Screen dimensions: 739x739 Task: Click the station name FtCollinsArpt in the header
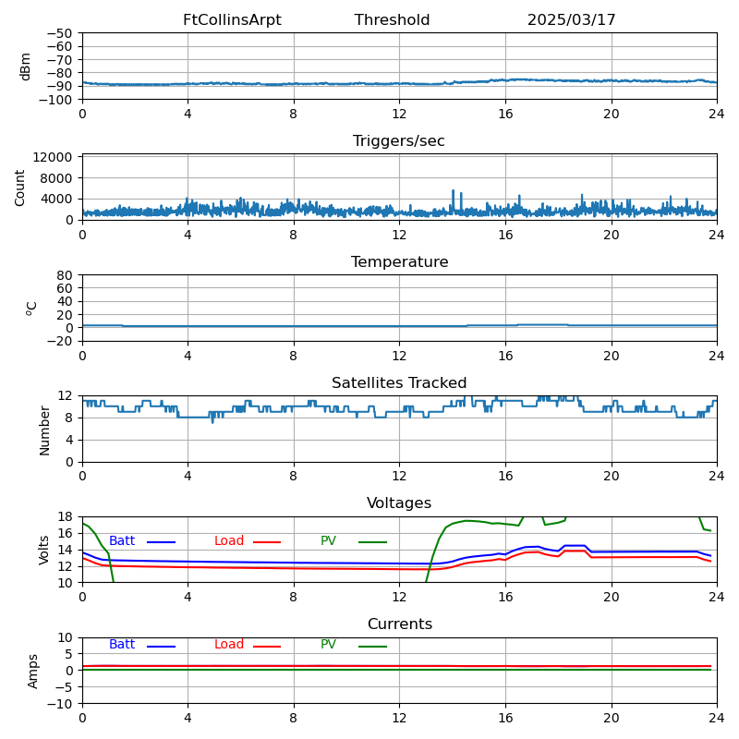click(232, 20)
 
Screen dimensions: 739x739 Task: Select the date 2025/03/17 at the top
click(571, 20)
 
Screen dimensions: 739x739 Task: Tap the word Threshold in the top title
click(392, 20)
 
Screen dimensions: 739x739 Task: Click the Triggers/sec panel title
click(399, 141)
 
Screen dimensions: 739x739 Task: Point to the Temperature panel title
click(399, 262)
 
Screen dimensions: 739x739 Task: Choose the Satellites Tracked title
click(399, 383)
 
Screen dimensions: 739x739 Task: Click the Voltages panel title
click(399, 503)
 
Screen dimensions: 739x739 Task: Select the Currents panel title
click(399, 624)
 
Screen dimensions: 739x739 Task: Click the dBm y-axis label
click(26, 66)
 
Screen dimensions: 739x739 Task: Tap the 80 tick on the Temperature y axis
click(65, 275)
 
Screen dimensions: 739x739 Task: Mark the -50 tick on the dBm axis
click(61, 33)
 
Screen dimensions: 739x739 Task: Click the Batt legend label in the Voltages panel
click(122, 541)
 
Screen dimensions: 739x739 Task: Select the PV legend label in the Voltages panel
click(329, 541)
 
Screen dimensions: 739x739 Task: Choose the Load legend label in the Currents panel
click(229, 645)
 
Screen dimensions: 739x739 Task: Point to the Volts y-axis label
click(44, 550)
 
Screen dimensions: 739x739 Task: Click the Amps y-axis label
click(33, 671)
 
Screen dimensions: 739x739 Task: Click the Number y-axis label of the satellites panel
click(44, 430)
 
